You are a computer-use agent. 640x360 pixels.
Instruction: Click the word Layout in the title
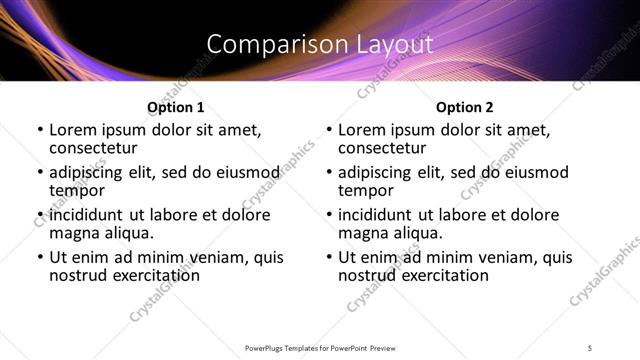(x=392, y=45)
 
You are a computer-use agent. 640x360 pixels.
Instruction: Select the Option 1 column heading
(x=176, y=106)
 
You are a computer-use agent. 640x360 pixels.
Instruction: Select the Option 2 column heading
(x=464, y=106)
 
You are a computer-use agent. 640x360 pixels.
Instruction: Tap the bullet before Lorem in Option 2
(x=328, y=130)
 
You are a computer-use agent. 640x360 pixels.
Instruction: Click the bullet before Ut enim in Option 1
(x=39, y=258)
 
